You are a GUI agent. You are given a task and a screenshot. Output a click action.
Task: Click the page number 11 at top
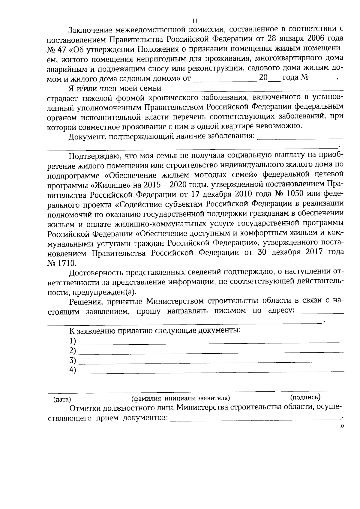click(195, 21)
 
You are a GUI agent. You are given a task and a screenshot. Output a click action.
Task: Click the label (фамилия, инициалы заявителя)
click(181, 398)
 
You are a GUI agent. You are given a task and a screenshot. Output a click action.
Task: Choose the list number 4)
click(73, 370)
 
